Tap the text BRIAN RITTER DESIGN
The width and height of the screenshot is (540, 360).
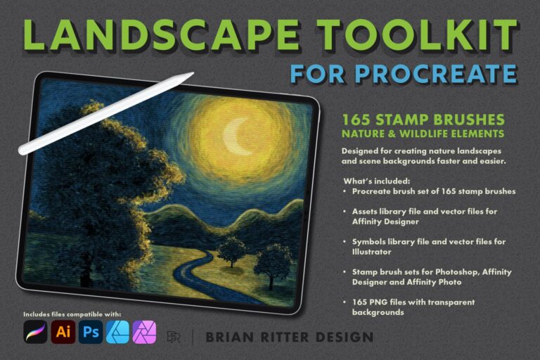coord(289,337)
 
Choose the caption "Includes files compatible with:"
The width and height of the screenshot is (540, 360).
coord(72,313)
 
